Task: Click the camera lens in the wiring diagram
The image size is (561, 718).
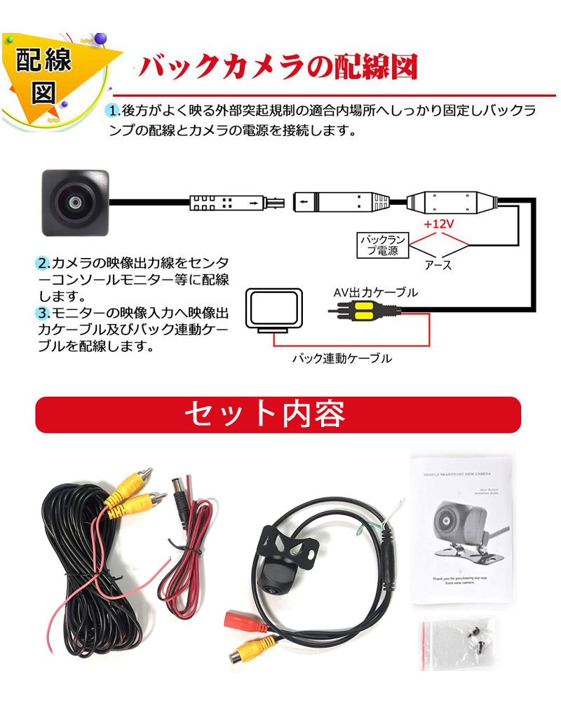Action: [72, 203]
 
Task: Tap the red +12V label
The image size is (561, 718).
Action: [439, 226]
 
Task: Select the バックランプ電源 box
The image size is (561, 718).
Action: [383, 245]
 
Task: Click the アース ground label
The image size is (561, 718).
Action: [438, 265]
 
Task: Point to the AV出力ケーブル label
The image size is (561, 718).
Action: [375, 292]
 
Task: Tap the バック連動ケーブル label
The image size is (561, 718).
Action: [342, 358]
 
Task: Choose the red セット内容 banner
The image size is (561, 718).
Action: [278, 414]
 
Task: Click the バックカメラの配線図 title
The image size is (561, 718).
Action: [278, 68]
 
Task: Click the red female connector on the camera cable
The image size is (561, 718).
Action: [240, 621]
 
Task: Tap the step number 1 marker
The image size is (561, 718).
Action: [113, 111]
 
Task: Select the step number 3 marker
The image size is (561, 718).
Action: [41, 312]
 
